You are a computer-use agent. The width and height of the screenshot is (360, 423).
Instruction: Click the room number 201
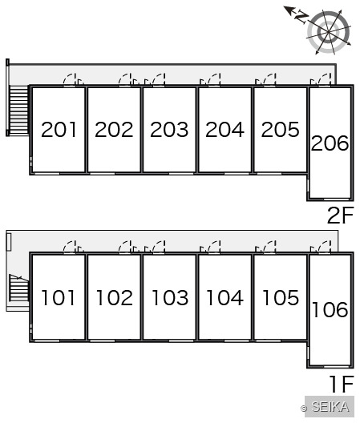pyautogui.click(x=59, y=130)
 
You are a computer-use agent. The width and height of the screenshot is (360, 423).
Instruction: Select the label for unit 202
pyautogui.click(x=114, y=130)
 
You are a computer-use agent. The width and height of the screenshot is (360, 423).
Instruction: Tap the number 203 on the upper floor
pyautogui.click(x=169, y=130)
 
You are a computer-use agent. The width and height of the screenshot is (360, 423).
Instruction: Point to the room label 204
pyautogui.click(x=224, y=130)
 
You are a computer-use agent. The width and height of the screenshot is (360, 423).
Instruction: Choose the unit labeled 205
pyautogui.click(x=281, y=130)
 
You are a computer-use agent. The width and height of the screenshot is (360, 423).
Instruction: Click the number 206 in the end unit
pyautogui.click(x=330, y=143)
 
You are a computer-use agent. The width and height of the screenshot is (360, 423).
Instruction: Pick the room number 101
pyautogui.click(x=58, y=298)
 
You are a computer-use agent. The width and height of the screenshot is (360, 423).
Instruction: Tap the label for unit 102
pyautogui.click(x=115, y=298)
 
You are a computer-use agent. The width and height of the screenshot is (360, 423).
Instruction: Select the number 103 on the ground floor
pyautogui.click(x=170, y=298)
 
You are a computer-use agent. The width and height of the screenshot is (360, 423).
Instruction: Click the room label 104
pyautogui.click(x=225, y=298)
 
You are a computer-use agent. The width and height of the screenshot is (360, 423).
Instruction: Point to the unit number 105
pyautogui.click(x=281, y=298)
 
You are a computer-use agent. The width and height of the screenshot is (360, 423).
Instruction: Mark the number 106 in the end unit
pyautogui.click(x=330, y=309)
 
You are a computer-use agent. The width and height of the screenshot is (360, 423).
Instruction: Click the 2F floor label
pyautogui.click(x=340, y=216)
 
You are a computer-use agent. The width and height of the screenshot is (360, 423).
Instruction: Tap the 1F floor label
pyautogui.click(x=342, y=384)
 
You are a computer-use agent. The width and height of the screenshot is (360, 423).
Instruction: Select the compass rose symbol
pyautogui.click(x=329, y=32)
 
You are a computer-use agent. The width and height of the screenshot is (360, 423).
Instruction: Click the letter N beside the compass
pyautogui.click(x=301, y=17)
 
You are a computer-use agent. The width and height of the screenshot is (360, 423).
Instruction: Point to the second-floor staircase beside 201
pyautogui.click(x=18, y=110)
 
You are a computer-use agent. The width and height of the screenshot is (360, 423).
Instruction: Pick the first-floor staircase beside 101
pyautogui.click(x=18, y=288)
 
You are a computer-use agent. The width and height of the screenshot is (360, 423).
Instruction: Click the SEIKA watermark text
pyautogui.click(x=330, y=406)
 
